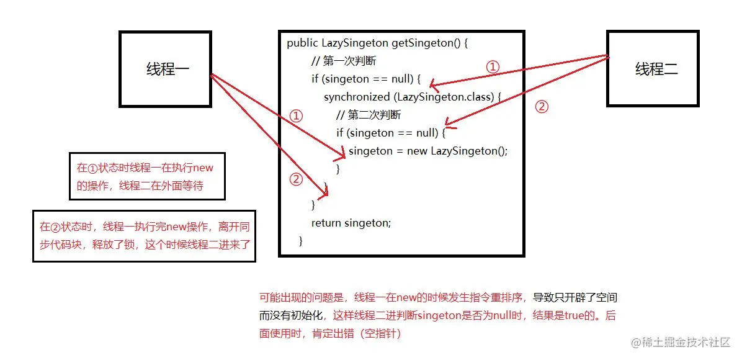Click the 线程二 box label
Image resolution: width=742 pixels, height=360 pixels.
point(656,69)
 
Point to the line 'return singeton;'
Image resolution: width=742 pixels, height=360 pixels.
point(351,223)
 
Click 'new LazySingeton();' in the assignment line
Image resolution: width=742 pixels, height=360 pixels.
point(457,151)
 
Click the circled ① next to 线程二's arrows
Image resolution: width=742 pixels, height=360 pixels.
point(492,67)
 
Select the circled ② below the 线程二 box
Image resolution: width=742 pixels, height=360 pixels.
point(541,107)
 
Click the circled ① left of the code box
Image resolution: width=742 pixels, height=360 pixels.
point(296,116)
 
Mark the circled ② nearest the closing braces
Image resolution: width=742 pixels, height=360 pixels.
point(296,179)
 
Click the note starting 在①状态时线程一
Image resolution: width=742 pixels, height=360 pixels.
point(146,176)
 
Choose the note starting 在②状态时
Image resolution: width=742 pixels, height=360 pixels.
point(144,235)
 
